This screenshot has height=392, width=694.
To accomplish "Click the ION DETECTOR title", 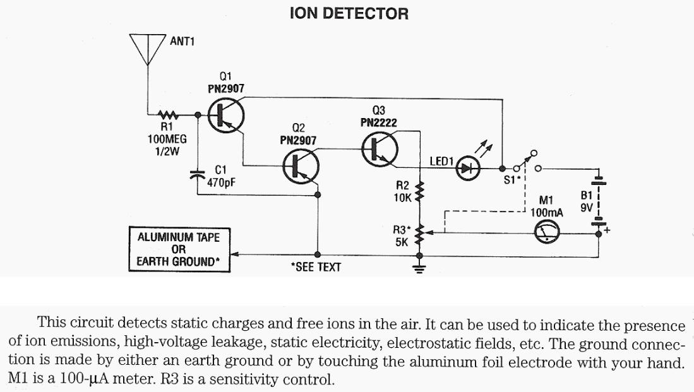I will [349, 13].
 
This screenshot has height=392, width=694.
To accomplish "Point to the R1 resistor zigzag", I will [169, 116].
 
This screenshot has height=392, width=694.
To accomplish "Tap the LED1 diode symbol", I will [467, 169].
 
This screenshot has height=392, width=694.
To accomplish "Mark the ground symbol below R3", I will [417, 268].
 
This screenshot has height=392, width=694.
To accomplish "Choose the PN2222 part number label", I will [378, 123].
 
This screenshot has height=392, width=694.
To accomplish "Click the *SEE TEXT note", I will [316, 267].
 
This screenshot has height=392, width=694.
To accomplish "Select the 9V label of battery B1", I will [586, 206].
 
